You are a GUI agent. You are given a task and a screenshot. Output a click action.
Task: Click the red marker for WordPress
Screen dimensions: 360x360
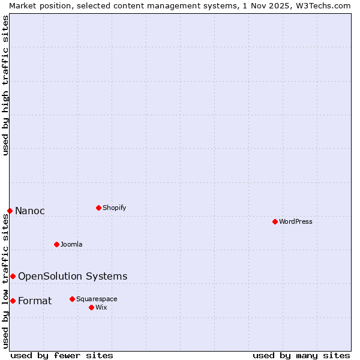[x=275, y=221]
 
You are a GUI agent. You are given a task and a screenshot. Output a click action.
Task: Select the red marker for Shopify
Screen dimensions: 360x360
[x=98, y=208]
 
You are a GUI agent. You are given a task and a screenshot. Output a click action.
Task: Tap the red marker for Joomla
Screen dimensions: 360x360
[x=57, y=244]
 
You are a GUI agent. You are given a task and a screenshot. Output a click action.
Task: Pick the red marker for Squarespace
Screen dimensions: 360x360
[x=72, y=299]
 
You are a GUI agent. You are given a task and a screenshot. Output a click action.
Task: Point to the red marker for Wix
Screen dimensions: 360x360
[x=91, y=307]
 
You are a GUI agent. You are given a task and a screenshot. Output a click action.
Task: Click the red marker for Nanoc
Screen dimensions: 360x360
[x=10, y=211]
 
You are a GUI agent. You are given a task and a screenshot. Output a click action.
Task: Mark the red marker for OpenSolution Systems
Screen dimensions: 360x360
[x=13, y=276]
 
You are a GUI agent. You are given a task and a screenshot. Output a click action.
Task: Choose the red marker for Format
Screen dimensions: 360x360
[x=13, y=301]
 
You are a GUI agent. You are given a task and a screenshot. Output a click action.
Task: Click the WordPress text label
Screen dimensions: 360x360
[x=296, y=222]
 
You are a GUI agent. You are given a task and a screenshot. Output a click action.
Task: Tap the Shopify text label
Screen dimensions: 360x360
[x=115, y=208]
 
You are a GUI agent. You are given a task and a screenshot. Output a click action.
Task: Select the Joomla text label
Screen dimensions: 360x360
[x=71, y=245]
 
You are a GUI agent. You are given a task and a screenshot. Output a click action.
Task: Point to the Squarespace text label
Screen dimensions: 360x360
[x=97, y=299]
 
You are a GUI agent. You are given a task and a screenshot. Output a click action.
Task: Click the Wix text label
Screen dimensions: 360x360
[x=101, y=308]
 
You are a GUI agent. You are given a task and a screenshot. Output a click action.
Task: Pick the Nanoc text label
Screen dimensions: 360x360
[x=30, y=211]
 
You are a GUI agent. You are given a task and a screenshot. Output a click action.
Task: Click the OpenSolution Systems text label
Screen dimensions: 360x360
[x=73, y=277]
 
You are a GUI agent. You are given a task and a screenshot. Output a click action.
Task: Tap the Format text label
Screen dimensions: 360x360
[x=35, y=301]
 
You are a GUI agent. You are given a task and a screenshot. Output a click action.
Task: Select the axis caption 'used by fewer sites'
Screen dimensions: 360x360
[x=62, y=355]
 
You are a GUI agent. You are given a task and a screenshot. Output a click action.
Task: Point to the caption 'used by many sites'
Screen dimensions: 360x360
[x=301, y=355]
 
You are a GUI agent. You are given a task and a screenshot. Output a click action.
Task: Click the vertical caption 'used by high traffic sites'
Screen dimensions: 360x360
[x=5, y=85]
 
